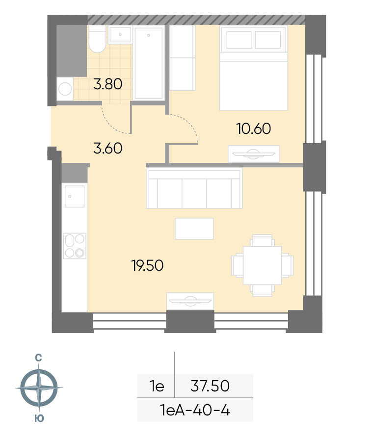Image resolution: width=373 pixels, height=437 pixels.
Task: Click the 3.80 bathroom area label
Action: click(x=107, y=84)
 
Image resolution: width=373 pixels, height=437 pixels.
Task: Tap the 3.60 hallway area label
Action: click(x=107, y=148)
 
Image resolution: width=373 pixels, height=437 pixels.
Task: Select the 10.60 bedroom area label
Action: click(x=254, y=129)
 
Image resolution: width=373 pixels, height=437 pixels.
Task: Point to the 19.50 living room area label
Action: click(x=147, y=265)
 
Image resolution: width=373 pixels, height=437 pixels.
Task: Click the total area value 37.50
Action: click(x=210, y=386)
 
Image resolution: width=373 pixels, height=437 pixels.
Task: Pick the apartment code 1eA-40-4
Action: click(x=195, y=410)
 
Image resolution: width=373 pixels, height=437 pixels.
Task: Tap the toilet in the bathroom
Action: click(x=97, y=39)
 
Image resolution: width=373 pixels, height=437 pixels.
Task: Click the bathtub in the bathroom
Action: click(x=148, y=63)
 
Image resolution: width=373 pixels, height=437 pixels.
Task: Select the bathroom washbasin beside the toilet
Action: click(x=120, y=34)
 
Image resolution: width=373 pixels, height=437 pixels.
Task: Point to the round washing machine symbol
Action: click(x=65, y=89)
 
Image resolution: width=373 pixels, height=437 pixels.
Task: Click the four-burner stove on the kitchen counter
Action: click(x=75, y=246)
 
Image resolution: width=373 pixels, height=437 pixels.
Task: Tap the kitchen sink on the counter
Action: click(x=75, y=197)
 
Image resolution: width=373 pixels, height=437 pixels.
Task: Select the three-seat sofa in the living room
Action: click(x=194, y=188)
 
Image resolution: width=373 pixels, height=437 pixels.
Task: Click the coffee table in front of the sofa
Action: click(x=194, y=229)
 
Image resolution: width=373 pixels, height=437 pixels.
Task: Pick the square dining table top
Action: click(x=262, y=265)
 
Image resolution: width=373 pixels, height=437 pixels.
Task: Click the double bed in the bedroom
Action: click(x=253, y=68)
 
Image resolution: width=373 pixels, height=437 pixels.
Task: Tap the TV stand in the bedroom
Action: click(x=254, y=154)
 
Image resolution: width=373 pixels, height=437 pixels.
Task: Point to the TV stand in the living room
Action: click(x=190, y=301)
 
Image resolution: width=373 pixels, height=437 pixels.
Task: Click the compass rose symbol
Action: click(x=39, y=387)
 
